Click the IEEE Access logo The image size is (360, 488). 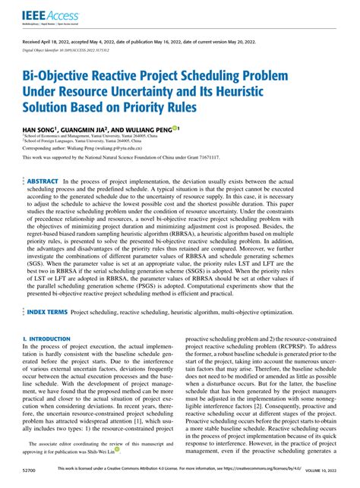click(x=38, y=15)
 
